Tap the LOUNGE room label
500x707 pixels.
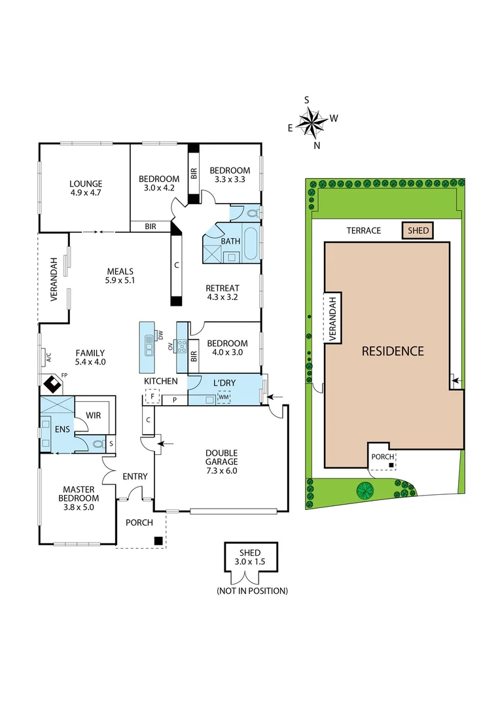point(86,188)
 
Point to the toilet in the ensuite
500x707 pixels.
point(98,444)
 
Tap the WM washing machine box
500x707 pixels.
point(224,397)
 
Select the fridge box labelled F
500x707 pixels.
point(152,396)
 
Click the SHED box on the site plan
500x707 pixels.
point(418,230)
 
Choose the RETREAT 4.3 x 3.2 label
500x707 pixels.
point(223,293)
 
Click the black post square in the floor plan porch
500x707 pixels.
point(158,541)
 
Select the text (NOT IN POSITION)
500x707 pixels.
point(252,590)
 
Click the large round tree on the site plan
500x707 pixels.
point(365,488)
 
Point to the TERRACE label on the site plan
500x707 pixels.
point(364,230)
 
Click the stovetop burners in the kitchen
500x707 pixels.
point(183,347)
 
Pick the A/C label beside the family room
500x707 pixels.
point(47,357)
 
